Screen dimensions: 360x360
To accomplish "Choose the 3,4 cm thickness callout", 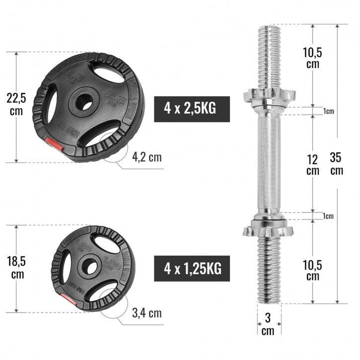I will [x=146, y=313].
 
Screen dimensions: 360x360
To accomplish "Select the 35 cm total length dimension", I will [x=336, y=163].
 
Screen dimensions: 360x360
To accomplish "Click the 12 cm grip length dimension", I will [x=312, y=163].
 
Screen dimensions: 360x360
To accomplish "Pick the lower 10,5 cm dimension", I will [x=312, y=270].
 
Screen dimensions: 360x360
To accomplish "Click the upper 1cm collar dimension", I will [x=328, y=111].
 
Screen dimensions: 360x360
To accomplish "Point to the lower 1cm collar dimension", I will [x=328, y=216].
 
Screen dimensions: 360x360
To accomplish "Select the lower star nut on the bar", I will [x=268, y=230].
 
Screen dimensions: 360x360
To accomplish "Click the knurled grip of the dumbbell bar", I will [x=268, y=162].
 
